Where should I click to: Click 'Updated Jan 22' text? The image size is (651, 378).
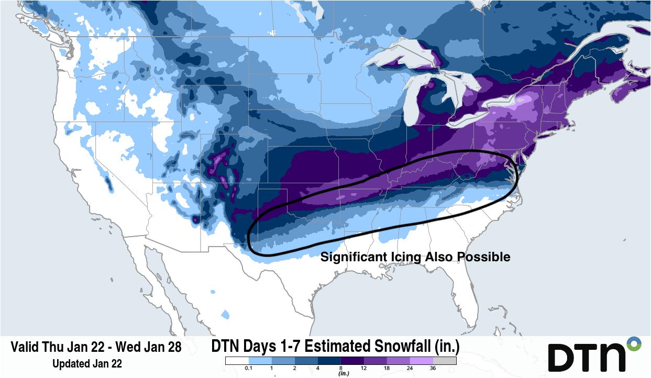tap(87, 363)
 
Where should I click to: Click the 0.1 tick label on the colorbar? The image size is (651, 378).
tap(249, 369)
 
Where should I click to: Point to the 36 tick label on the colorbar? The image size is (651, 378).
tap(433, 369)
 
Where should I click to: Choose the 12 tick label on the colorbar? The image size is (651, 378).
tap(364, 369)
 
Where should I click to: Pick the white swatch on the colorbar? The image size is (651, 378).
tap(237, 361)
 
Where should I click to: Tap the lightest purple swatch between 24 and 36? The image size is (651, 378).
tap(422, 361)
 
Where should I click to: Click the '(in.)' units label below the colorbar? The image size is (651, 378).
tap(344, 374)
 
